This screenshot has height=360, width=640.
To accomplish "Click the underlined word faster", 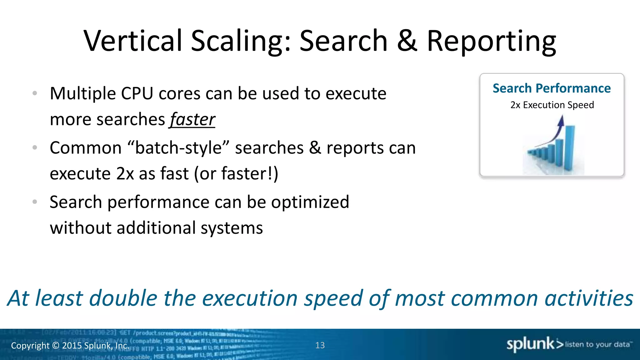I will click(x=192, y=120).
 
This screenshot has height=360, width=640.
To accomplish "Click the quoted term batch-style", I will click(x=178, y=147).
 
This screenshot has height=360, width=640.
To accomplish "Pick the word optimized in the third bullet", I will click(x=310, y=202).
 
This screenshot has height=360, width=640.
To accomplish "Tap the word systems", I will click(x=232, y=228).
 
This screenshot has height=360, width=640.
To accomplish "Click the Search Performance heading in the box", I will click(x=552, y=88).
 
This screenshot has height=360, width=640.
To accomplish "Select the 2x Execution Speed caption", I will click(x=552, y=105).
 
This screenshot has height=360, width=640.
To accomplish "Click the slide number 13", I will click(x=320, y=345).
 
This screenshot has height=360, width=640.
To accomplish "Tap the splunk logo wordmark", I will click(x=530, y=344).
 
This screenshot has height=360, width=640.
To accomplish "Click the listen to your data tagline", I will click(x=597, y=344).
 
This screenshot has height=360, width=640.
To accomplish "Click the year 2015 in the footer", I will click(x=72, y=346).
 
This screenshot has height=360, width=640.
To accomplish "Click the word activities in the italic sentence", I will click(x=589, y=298).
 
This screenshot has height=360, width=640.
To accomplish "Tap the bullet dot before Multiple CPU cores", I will click(x=35, y=93).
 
